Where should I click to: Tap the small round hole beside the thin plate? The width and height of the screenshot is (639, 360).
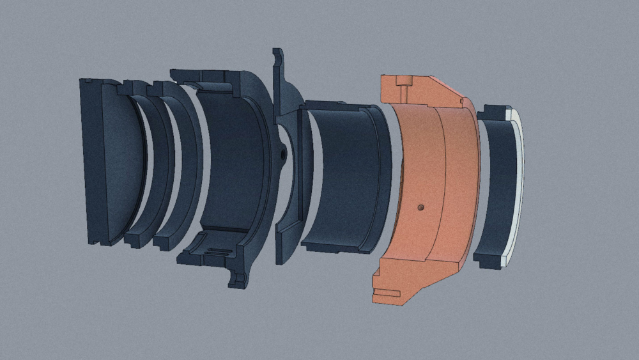[x=281, y=154]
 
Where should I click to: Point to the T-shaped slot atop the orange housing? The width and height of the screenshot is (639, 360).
[x=402, y=83]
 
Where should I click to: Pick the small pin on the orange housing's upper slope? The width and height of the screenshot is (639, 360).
[x=461, y=100]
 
